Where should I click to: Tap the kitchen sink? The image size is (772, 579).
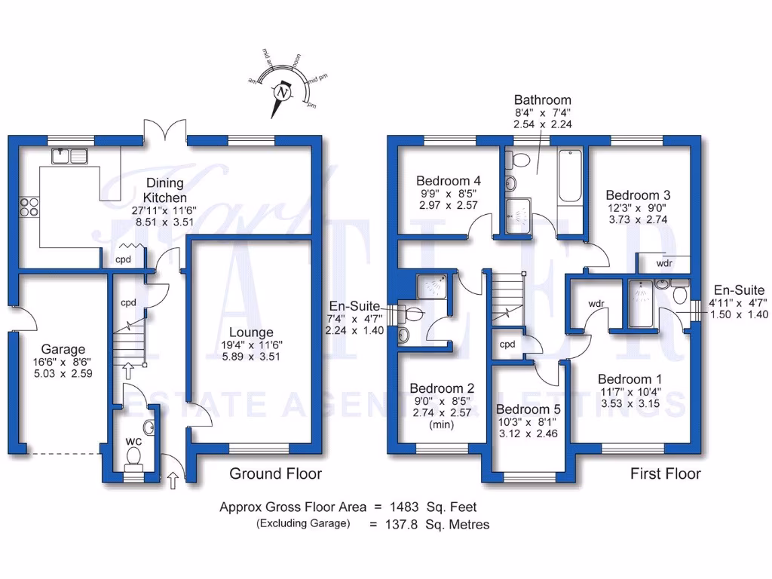(69, 156)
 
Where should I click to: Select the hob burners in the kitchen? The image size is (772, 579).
(29, 207)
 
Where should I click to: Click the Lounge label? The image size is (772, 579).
(253, 332)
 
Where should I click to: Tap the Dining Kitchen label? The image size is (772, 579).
(164, 190)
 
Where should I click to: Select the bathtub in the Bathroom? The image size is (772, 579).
(569, 176)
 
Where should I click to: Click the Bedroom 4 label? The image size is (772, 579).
(449, 181)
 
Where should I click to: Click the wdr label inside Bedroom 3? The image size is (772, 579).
(664, 264)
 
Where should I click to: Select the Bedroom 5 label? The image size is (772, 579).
(527, 409)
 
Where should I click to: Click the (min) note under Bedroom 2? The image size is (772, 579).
(440, 424)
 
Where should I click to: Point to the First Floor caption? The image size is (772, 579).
(665, 473)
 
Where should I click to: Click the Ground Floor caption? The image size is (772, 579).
(275, 473)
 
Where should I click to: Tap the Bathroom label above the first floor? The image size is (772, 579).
(542, 100)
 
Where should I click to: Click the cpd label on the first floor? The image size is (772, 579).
(507, 345)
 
